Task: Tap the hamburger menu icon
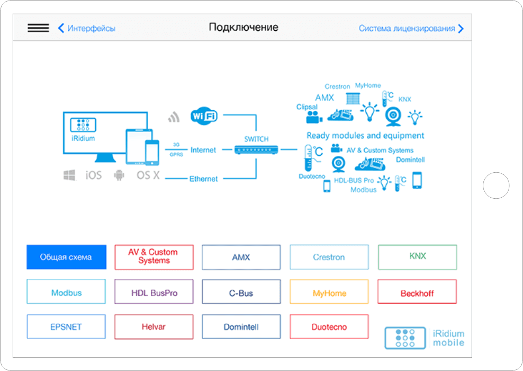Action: pyautogui.click(x=38, y=28)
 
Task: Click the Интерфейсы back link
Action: pyautogui.click(x=87, y=28)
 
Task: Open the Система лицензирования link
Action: pyautogui.click(x=411, y=28)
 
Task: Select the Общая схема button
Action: pyautogui.click(x=66, y=257)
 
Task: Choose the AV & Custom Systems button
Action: pyautogui.click(x=154, y=257)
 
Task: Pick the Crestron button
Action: pyautogui.click(x=329, y=257)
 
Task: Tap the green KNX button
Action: pyautogui.click(x=417, y=257)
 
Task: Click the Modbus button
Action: pyautogui.click(x=66, y=292)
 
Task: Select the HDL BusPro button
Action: pyautogui.click(x=154, y=292)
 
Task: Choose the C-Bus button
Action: pyautogui.click(x=241, y=292)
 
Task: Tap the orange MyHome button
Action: pyautogui.click(x=329, y=292)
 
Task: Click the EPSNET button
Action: pyautogui.click(x=66, y=326)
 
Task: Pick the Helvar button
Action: pyautogui.click(x=154, y=326)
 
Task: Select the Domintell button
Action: pyautogui.click(x=241, y=326)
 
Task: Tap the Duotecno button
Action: pyautogui.click(x=329, y=326)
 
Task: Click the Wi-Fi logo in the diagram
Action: pyautogui.click(x=204, y=115)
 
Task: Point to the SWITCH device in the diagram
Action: pyautogui.click(x=256, y=149)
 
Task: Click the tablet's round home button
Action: pyautogui.click(x=496, y=185)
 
